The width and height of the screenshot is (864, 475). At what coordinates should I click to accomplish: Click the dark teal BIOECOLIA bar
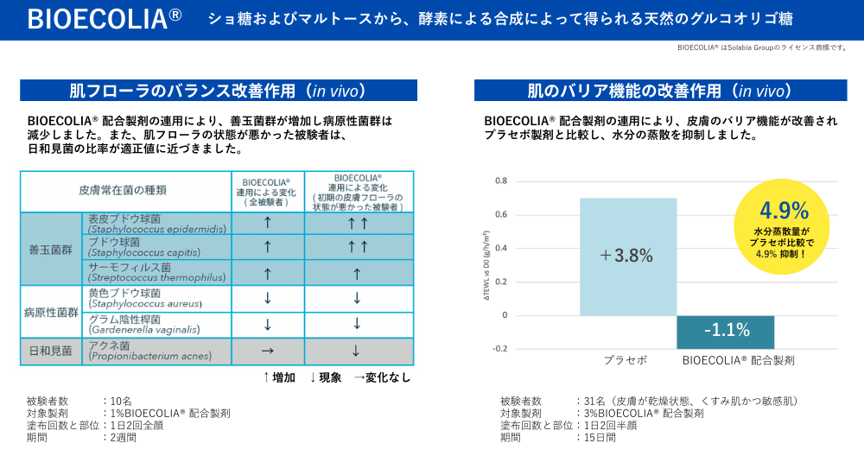coord(725,332)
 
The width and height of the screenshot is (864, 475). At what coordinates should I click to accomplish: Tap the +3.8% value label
coord(626,256)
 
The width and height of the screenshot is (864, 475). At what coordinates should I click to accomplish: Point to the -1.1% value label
coord(726,330)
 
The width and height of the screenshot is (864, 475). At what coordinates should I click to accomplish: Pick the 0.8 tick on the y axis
coord(501,181)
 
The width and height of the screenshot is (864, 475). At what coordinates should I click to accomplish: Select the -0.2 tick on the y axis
coord(499,349)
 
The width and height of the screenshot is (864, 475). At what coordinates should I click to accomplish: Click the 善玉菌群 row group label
coord(50,249)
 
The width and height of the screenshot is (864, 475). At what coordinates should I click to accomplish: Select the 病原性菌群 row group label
coord(50,312)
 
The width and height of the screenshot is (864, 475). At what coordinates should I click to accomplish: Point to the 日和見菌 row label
coord(50,351)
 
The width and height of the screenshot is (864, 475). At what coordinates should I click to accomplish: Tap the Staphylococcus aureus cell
coord(156,299)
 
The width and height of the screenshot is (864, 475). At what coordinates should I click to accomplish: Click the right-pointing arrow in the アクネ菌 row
coord(267,351)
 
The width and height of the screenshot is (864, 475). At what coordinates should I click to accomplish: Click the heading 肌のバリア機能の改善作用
coord(660,91)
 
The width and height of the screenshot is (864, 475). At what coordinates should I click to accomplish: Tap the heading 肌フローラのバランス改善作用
coord(218,91)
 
